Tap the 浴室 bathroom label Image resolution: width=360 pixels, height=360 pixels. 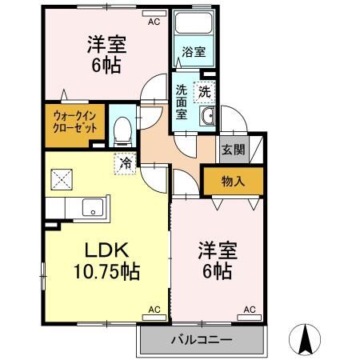point(193,52)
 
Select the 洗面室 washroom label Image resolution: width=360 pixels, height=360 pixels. point(182,102)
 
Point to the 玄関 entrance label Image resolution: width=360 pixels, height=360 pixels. point(233,150)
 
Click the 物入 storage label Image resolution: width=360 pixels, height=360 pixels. point(233,182)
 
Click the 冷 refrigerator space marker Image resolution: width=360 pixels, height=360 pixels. point(126,162)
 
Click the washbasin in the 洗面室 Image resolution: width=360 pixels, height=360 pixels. point(207,118)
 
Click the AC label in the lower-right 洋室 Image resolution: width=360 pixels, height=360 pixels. point(249,308)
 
